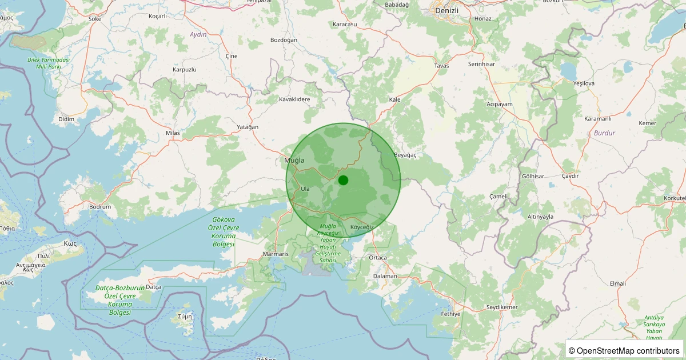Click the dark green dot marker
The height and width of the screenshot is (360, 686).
343,180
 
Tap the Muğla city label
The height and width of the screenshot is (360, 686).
294,161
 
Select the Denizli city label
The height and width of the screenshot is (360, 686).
447,10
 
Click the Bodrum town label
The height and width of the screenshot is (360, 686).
100,206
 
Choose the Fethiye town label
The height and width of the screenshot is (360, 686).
450,314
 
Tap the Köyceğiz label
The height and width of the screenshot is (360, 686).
361,227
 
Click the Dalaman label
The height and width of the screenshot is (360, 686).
384,276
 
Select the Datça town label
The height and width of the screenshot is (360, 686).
154,286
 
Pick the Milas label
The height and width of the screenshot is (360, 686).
173,133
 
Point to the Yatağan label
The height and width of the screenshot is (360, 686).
248,127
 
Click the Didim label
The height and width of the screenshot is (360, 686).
66,119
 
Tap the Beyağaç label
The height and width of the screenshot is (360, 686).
405,155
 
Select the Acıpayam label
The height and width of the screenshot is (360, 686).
500,104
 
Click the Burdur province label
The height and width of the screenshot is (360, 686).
604,133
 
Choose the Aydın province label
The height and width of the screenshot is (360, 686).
198,35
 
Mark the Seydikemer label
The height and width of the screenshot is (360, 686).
501,307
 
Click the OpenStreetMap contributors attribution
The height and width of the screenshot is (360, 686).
624,350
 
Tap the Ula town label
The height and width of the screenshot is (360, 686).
305,188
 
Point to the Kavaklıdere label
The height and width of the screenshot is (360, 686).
294,99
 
